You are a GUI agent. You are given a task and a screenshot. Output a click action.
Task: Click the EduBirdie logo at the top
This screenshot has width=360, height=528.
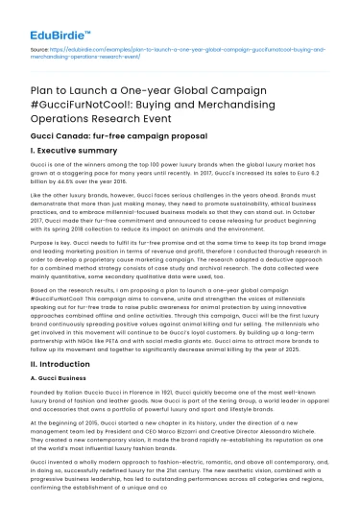point(50,17)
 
